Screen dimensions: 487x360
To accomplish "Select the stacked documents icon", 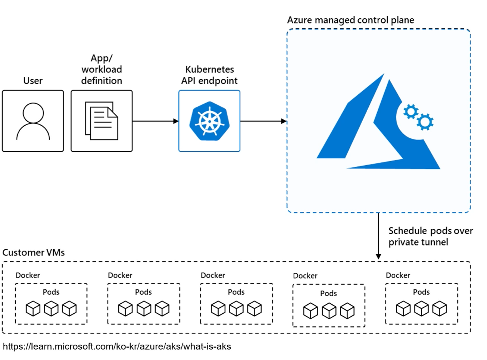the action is [x=101, y=121].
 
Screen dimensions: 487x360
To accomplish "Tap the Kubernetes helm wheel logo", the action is [x=209, y=121].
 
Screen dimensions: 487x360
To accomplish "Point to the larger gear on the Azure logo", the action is [x=425, y=122].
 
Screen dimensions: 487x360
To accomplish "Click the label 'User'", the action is [x=33, y=81].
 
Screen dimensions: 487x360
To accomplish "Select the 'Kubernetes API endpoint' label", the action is [x=209, y=75].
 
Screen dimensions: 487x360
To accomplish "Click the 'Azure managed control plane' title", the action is [x=351, y=20].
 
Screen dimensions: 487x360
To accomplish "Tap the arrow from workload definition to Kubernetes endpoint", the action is [x=155, y=121].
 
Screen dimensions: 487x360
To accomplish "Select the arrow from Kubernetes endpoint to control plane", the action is [x=263, y=121].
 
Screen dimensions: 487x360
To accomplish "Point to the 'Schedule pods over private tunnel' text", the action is [x=430, y=237].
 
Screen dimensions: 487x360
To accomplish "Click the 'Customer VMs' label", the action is [x=34, y=252].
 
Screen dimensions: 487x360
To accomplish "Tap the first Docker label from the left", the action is [x=28, y=275].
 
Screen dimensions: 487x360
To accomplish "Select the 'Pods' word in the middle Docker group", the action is [x=236, y=292].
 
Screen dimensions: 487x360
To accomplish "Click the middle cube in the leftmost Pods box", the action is [x=51, y=309].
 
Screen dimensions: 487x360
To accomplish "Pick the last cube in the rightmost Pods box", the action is [x=439, y=309].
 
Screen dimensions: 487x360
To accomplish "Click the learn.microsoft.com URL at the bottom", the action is [x=117, y=346].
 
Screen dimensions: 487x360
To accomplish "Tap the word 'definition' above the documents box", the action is [x=102, y=81].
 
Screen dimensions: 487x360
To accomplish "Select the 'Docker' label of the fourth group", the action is [x=305, y=276].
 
